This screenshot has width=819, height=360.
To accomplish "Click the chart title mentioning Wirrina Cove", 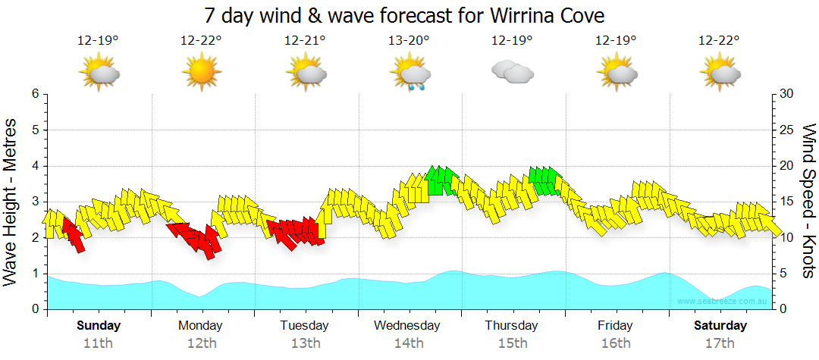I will coord(404,15).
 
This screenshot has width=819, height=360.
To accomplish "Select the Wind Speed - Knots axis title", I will coord(808,201).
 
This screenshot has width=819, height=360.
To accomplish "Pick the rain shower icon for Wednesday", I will coord(409,74).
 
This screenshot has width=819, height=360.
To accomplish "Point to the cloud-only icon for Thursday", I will coord(513,72).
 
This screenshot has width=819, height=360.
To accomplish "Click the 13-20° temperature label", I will coord(409,40).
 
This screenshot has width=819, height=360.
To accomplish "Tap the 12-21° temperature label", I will coord(305,40).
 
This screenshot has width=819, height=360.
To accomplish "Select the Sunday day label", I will coord(99,326).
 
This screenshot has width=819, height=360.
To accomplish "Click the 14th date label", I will coord(409,343).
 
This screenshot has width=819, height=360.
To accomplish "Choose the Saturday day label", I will coord(720,326).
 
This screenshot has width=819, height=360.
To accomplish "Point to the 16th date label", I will coord(616,343).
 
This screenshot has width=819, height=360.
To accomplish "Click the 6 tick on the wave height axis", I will coord(35,94).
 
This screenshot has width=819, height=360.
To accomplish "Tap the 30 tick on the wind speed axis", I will coord(786,94).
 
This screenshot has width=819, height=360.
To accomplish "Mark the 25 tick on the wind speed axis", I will coord(786,130).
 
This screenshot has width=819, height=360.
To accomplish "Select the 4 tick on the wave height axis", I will coord(35,166).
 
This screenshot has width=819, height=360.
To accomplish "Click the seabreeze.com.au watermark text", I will coord(725,301).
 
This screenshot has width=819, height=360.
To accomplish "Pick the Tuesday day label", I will coord(305,326).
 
